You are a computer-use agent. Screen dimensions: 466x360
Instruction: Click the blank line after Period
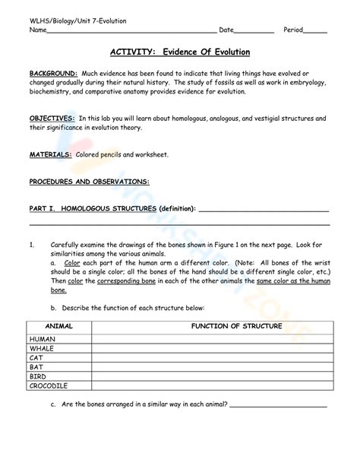click(x=315, y=32)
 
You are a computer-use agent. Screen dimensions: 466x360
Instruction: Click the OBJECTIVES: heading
click(x=52, y=119)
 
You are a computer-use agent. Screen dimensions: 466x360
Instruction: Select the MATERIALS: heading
click(x=50, y=154)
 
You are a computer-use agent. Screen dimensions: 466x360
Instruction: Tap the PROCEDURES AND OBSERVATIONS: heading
click(x=89, y=182)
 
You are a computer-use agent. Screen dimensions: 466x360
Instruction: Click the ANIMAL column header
click(x=59, y=326)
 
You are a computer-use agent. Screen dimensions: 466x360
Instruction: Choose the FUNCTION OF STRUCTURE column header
click(x=236, y=326)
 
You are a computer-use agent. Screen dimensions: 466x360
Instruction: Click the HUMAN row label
click(x=43, y=339)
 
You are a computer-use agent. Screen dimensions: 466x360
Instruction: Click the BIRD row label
click(x=38, y=376)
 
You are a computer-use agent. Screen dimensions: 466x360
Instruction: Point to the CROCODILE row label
click(x=49, y=385)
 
